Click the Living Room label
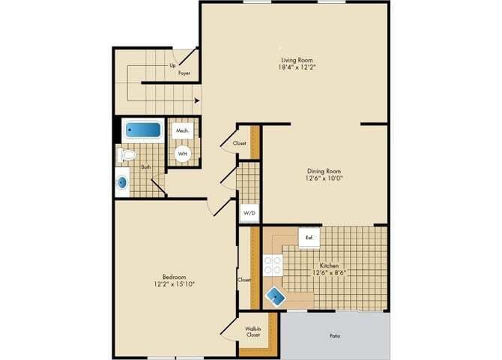point(297,60)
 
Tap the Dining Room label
point(324,170)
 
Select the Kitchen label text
point(330,265)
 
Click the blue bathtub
point(142,130)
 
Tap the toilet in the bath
point(127,155)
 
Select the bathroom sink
point(122,182)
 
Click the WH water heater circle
point(183,154)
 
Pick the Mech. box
point(182,130)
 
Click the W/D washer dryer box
point(249,213)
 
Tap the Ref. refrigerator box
point(309,237)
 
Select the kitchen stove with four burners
point(273,265)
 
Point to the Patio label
point(335,335)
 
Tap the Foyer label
point(184,73)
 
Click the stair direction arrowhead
point(197,99)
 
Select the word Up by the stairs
point(172,66)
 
